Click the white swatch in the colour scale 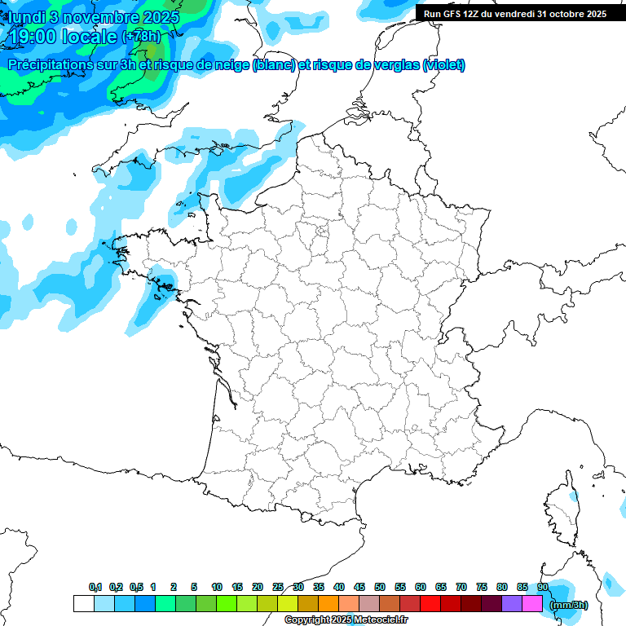coord(83,603)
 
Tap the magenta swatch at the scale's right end coord(532,603)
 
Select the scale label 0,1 coord(95,588)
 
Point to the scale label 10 coord(217,588)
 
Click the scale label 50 coord(380,588)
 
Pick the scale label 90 coord(542,588)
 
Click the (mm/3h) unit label coord(568,605)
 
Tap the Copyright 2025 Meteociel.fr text coord(346,620)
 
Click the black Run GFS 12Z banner coord(515,13)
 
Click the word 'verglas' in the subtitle coord(390,65)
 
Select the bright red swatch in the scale coord(430,603)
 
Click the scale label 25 coord(278,588)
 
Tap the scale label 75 coord(482,588)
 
